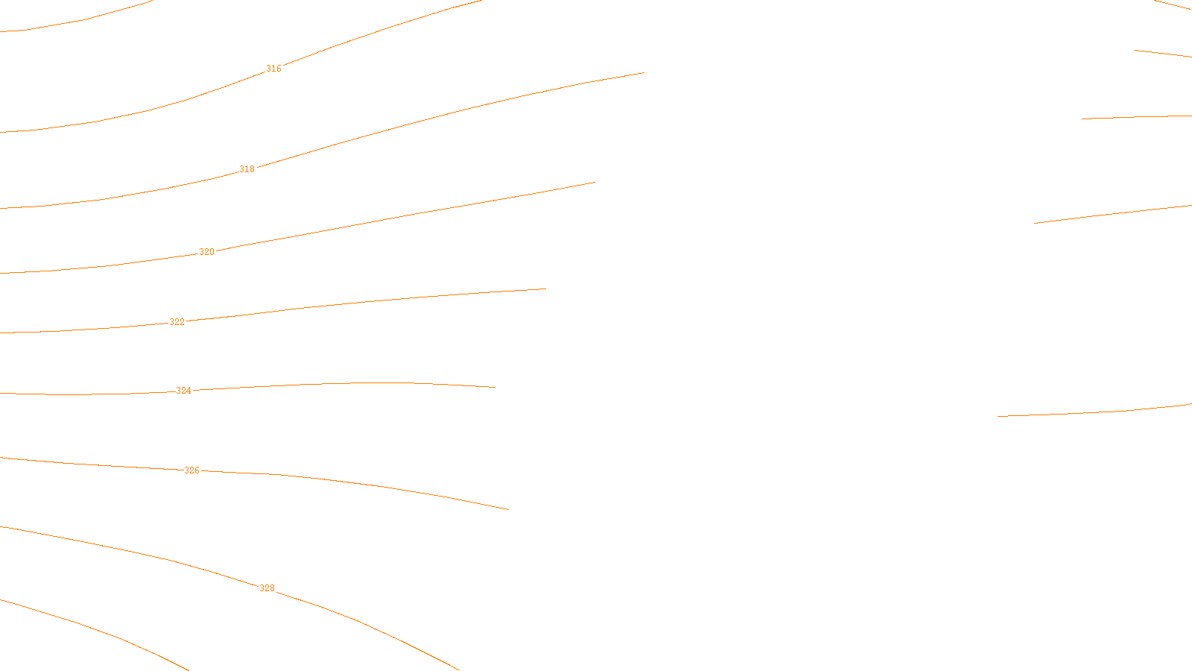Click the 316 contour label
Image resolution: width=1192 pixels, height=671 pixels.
point(274,69)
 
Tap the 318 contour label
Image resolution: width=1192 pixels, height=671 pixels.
point(247,169)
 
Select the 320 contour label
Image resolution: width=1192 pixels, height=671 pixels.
point(207,252)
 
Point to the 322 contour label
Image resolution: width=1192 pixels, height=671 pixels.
point(177,322)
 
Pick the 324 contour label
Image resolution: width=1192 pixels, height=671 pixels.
point(184,391)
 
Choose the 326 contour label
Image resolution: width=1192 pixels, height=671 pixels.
point(192,470)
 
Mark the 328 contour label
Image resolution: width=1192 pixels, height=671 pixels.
point(267,588)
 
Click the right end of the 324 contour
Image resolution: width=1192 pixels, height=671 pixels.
point(495,387)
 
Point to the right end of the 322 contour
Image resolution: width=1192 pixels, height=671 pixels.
point(545,289)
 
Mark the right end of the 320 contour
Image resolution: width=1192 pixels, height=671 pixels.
point(595,182)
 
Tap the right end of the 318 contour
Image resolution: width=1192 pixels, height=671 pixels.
point(643,73)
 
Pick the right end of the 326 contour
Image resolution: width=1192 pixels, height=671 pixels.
point(508,509)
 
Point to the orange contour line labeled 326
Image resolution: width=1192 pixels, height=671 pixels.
point(372,485)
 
